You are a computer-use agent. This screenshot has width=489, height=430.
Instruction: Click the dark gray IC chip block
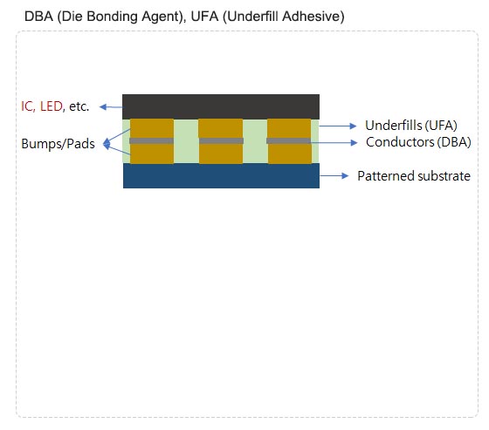coord(221,106)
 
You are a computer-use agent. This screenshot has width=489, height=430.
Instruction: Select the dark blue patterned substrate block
coord(221,175)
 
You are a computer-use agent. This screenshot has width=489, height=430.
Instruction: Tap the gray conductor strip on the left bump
coord(152,140)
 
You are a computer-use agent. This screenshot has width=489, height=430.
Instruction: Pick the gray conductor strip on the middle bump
coord(221,140)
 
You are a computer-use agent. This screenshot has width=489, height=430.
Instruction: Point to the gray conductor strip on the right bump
coord(289,140)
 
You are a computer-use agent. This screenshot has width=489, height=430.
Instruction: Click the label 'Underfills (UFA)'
coord(411,126)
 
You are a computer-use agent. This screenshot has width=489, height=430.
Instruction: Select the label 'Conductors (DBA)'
coord(418,142)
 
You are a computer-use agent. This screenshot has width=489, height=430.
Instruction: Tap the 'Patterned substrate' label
coord(414,176)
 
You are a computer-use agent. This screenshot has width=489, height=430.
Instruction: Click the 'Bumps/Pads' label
coord(58,144)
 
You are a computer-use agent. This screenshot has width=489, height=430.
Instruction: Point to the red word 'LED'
coord(52,106)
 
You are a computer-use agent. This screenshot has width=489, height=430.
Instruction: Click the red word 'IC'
coord(26,106)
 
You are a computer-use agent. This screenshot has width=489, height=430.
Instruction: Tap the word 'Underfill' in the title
coord(254,17)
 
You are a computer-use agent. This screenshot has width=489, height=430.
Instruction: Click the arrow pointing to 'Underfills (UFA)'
coord(338,126)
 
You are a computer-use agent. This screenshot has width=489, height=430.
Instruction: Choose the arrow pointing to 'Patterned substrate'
coord(334,175)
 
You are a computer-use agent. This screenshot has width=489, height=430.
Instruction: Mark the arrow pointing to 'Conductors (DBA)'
coord(334,142)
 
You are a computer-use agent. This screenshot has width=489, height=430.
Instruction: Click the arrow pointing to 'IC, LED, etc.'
coord(111,107)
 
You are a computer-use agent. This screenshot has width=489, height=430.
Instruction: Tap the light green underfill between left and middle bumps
coord(186,141)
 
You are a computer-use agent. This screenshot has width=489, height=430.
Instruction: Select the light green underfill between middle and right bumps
coord(255,141)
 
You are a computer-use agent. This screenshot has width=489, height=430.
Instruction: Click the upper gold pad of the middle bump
coord(221,128)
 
